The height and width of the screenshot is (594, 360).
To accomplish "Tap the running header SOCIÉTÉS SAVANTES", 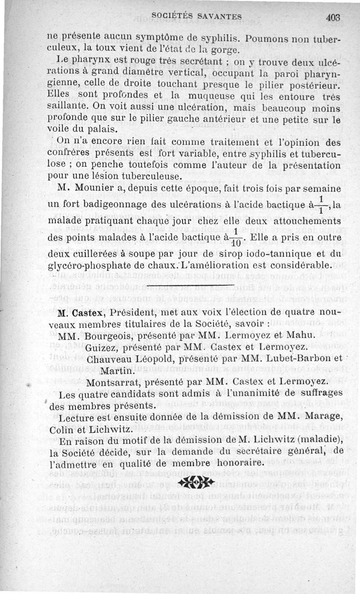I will [197, 17].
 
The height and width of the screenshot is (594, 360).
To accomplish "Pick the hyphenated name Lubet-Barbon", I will [305, 359].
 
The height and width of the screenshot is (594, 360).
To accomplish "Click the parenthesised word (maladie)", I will [318, 441].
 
